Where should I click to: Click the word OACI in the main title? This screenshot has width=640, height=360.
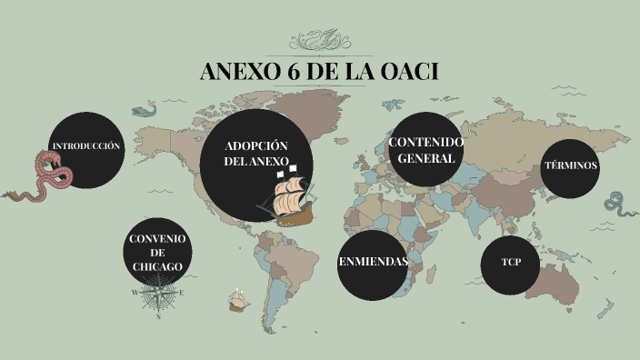tap(405, 72)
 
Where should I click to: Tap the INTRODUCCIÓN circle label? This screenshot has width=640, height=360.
tap(85, 146)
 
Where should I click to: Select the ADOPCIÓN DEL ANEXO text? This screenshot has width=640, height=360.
tap(255, 154)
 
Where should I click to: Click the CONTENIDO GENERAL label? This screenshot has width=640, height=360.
tap(426, 150)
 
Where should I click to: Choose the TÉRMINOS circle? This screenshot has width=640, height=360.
tap(570, 166)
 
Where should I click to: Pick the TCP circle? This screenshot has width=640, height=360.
tap(510, 264)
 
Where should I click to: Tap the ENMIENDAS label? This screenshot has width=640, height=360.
tap(373, 262)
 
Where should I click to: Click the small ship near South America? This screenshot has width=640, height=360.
tap(238, 299)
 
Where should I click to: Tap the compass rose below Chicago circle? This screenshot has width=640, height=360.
tap(158, 293)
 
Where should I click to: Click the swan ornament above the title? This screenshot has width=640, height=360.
tap(319, 41)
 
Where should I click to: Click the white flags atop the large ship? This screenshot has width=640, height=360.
tap(295, 167)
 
